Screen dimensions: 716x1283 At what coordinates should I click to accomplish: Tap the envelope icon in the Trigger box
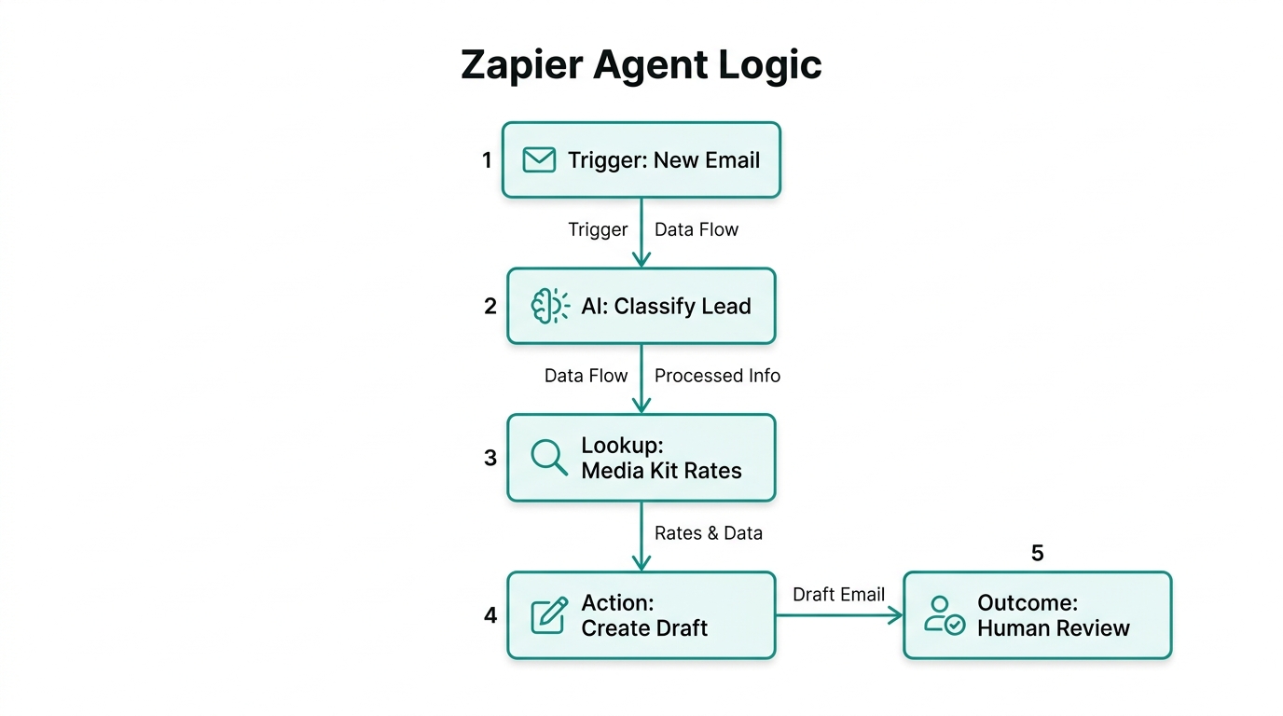tap(539, 160)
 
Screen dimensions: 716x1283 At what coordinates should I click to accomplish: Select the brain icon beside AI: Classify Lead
tap(549, 306)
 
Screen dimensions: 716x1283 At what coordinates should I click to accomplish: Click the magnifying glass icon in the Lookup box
tap(548, 457)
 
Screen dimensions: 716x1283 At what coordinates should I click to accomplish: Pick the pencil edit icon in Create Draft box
tap(548, 615)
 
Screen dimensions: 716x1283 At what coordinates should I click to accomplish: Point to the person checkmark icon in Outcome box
tap(944, 615)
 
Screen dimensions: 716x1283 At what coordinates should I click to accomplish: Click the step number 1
tap(487, 160)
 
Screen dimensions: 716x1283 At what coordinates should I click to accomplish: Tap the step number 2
tap(490, 306)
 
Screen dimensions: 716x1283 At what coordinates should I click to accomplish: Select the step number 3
tap(490, 458)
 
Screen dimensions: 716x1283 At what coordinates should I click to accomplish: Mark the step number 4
tap(490, 615)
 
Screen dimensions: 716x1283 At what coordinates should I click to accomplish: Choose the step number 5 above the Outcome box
tap(1037, 553)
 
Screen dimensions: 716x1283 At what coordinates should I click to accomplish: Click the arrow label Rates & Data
tap(708, 533)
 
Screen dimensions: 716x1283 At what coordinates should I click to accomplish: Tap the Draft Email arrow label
tap(838, 595)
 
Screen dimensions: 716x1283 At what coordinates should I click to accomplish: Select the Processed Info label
tap(717, 376)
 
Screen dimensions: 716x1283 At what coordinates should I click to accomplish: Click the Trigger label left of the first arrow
tap(598, 229)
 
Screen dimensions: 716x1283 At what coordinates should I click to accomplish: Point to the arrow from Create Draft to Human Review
tap(839, 615)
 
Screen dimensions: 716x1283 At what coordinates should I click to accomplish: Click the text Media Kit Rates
tap(661, 471)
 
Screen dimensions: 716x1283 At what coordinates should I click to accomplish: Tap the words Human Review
tap(1053, 628)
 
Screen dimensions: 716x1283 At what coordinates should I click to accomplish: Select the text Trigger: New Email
tap(664, 160)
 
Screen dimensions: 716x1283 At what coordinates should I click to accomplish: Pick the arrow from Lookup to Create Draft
tap(641, 536)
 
